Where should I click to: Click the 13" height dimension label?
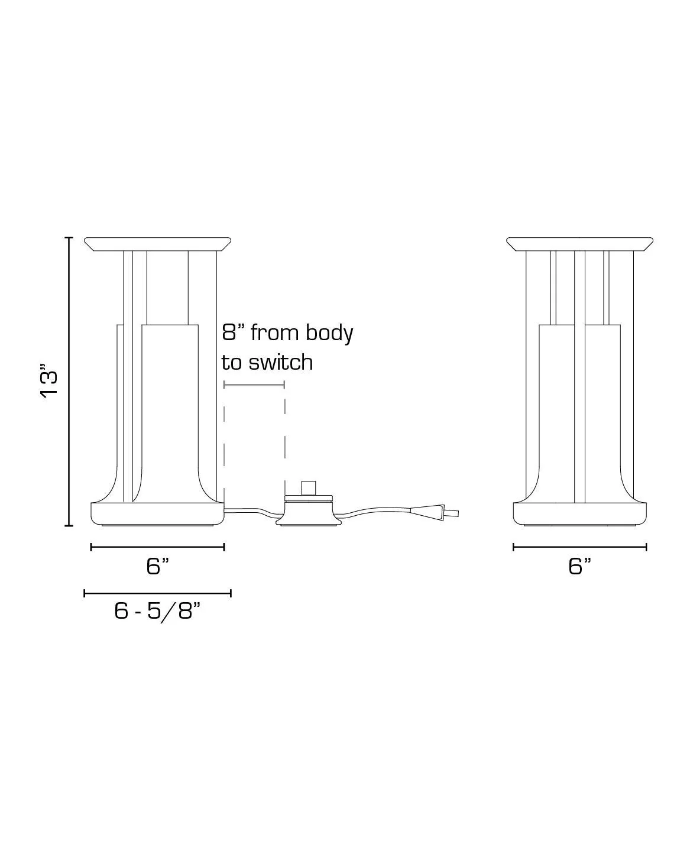click(x=50, y=384)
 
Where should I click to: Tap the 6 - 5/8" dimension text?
click(x=157, y=610)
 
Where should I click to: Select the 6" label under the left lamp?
click(x=157, y=566)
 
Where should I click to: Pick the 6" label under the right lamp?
click(x=579, y=566)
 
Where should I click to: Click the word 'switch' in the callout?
click(x=280, y=362)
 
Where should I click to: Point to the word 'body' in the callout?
click(x=329, y=334)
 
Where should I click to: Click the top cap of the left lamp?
click(x=157, y=244)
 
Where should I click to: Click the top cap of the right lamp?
click(x=579, y=244)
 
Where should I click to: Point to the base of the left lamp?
click(x=157, y=513)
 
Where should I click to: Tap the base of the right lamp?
click(x=579, y=513)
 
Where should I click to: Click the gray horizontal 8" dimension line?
click(x=254, y=384)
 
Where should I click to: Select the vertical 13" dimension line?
click(x=69, y=382)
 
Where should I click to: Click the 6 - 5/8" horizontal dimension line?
click(x=157, y=593)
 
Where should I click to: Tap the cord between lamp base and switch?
click(x=251, y=510)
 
